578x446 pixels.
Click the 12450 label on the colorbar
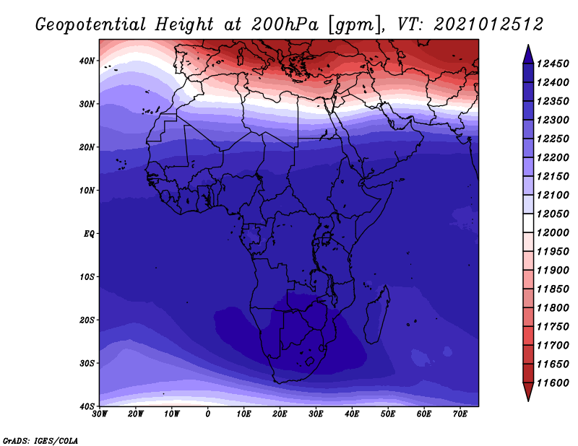tap(553, 64)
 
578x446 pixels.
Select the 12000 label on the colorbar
tap(553, 233)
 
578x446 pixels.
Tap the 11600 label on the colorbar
tap(553, 383)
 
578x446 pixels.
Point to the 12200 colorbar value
tap(553, 157)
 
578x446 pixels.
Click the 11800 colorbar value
tap(553, 308)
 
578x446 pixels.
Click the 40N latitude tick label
tap(87, 61)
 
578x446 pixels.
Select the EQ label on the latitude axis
tap(89, 234)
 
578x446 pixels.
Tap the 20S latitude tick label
tap(87, 320)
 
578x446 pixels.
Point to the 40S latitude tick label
tap(87, 406)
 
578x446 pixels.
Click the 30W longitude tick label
tap(100, 414)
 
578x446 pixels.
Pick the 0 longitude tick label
tap(208, 414)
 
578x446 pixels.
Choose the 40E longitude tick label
tap(352, 414)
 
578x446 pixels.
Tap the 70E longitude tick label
tap(460, 414)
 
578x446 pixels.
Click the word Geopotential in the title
tap(91, 25)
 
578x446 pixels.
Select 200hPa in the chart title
tap(285, 25)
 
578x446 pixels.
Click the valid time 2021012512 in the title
tap(488, 25)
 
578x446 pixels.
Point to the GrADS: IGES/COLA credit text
tap(40, 440)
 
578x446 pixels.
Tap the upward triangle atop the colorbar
tap(528, 54)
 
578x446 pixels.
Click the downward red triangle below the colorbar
tap(528, 391)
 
